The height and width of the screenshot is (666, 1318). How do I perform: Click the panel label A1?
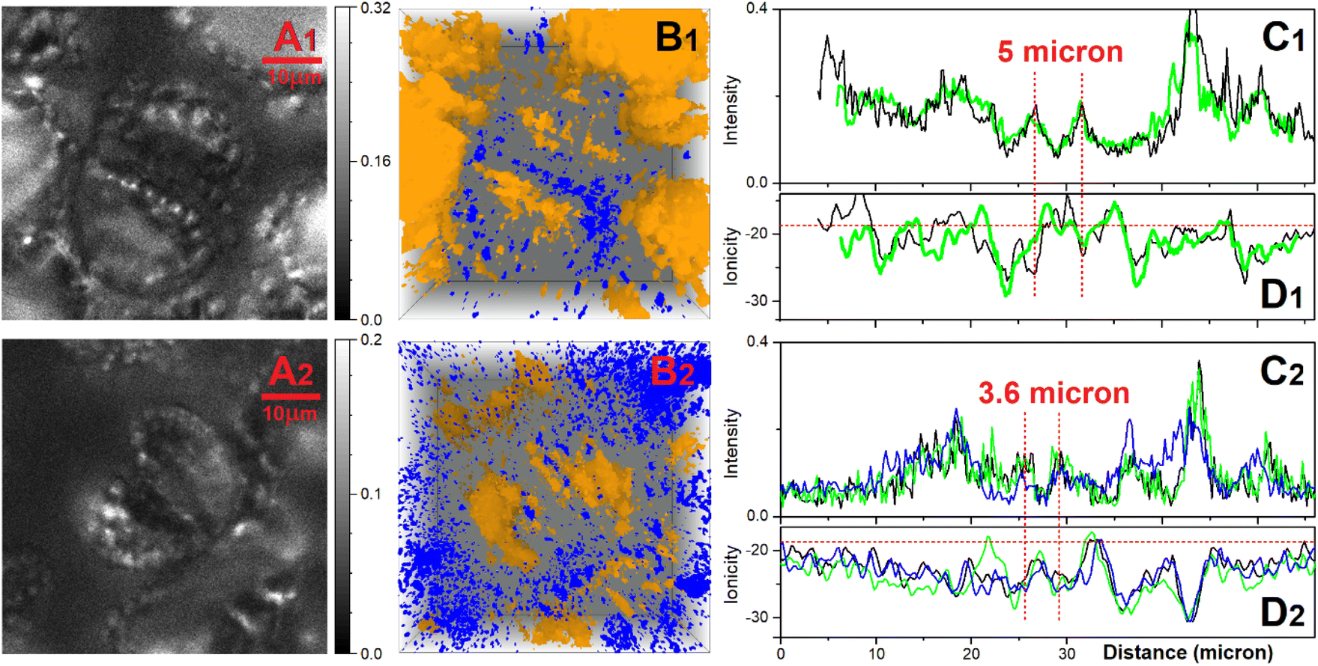tap(295, 37)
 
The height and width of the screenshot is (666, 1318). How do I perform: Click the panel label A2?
tap(291, 372)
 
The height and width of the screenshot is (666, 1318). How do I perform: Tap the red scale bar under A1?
tap(292, 60)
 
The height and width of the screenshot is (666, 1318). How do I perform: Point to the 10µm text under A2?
tap(290, 414)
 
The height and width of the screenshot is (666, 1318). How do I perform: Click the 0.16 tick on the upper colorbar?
tap(375, 161)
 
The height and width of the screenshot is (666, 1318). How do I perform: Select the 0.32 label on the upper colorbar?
tap(375, 8)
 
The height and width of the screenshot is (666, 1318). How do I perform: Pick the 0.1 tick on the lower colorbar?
tap(371, 494)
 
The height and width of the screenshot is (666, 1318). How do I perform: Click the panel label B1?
tap(677, 37)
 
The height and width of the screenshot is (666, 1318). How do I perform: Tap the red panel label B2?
tap(672, 372)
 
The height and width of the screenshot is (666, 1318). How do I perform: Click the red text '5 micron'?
tap(1060, 52)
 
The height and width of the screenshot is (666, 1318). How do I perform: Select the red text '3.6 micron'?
tap(1054, 393)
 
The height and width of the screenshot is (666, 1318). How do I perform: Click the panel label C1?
tap(1284, 37)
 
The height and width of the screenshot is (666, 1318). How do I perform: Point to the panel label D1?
tap(1282, 294)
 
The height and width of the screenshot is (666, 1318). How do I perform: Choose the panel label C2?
tap(1282, 371)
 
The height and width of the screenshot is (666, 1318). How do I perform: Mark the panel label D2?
tap(1282, 613)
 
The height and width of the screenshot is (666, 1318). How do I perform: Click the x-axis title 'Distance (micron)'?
tap(1188, 653)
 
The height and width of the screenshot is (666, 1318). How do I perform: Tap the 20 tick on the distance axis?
tap(971, 653)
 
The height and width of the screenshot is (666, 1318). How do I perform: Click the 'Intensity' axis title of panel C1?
tap(731, 109)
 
